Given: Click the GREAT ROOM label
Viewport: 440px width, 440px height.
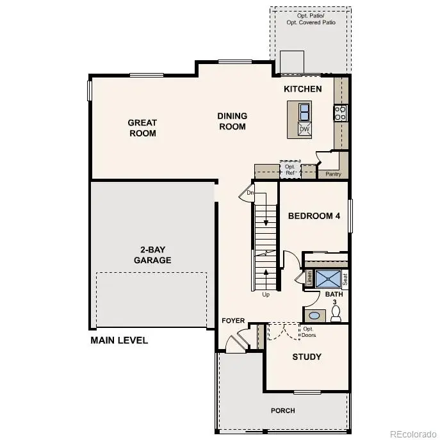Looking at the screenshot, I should tap(142, 128).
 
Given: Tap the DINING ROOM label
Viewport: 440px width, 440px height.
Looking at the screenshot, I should tap(232, 121).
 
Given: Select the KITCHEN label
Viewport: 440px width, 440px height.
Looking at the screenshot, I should tap(303, 89).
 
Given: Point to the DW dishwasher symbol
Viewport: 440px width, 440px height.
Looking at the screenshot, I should tap(305, 129).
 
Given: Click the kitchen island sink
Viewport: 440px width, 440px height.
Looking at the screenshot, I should tap(304, 112).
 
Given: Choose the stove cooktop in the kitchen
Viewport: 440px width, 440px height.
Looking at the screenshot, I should tap(340, 113).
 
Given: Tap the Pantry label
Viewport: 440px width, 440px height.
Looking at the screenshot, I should tap(333, 174).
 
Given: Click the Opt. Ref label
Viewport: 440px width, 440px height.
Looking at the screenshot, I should tap(291, 170).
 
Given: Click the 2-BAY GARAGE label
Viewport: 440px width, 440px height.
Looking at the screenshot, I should tap(152, 255).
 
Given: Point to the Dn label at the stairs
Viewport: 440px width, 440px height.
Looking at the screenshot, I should tap(251, 192).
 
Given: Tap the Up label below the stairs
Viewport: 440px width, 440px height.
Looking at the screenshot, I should tap(266, 295).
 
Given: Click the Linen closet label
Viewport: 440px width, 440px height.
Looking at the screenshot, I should tap(309, 279).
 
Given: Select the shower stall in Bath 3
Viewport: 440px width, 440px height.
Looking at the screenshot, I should tap(329, 279).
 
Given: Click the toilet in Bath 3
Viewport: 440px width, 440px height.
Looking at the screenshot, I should tap(336, 314).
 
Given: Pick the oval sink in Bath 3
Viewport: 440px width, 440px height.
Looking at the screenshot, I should tap(314, 315).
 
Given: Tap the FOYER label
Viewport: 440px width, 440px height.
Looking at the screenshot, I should tap(233, 320).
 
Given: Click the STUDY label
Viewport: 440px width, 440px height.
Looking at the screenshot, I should tap(307, 357).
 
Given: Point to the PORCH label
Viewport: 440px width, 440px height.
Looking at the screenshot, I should tap(282, 411).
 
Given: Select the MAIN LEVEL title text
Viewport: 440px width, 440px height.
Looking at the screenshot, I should tap(119, 340).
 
